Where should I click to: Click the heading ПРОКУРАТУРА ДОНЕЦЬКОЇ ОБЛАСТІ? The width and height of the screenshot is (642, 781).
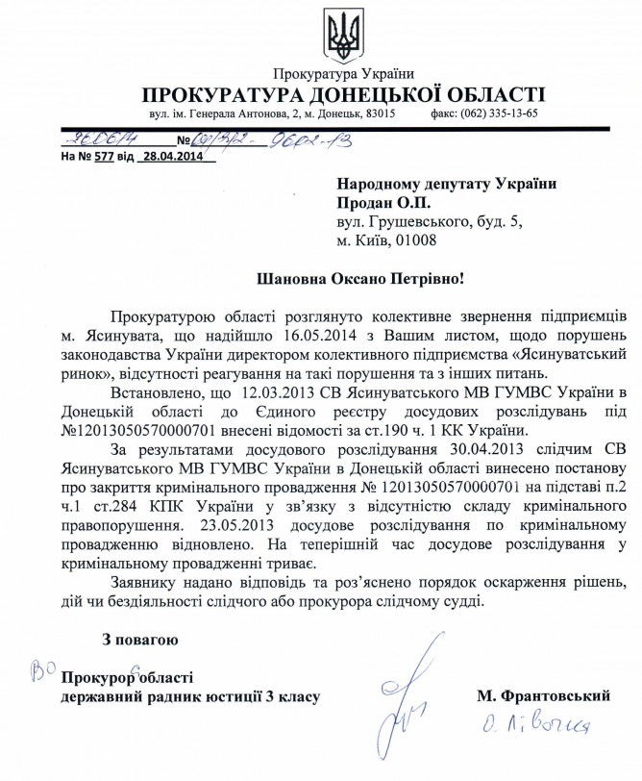point(343,95)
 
